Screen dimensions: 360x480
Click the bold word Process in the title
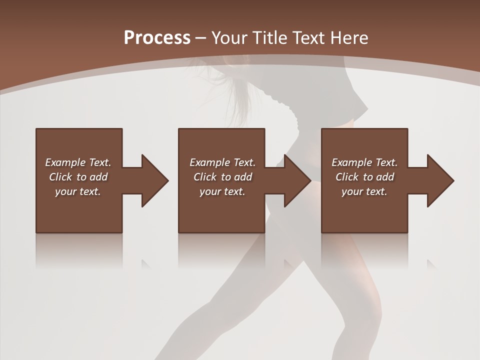(157, 38)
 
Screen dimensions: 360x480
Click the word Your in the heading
(230, 38)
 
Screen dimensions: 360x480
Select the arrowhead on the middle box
(297, 180)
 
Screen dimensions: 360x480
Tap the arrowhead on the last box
(440, 180)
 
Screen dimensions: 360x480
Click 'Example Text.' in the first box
(78, 162)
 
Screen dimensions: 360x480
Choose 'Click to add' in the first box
(78, 177)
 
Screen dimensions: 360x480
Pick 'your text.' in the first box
(78, 191)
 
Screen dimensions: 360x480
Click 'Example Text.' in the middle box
(222, 162)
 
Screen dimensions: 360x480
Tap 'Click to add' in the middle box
(222, 177)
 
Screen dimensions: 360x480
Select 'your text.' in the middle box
(222, 191)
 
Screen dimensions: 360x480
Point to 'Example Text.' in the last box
(364, 162)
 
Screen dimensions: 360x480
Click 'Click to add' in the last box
(364, 177)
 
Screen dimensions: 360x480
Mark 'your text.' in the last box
(364, 191)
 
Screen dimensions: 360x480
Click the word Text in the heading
(310, 38)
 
